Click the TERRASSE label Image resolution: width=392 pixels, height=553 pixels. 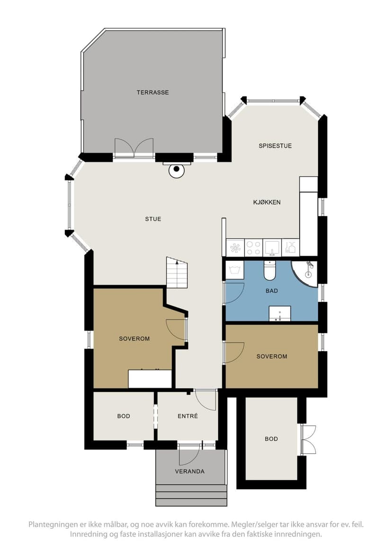[152, 92]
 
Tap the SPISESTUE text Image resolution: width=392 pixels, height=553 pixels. [275, 146]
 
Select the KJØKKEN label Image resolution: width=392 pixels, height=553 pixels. [267, 202]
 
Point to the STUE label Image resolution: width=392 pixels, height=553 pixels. [153, 219]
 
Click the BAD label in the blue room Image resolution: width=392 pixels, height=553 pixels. [272, 291]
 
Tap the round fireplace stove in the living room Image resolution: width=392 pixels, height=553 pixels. [177, 171]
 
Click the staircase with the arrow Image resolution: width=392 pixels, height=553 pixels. [177, 273]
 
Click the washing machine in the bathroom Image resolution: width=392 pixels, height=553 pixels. [235, 270]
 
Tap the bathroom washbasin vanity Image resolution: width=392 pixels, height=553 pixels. [280, 314]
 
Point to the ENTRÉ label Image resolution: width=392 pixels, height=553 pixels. [187, 416]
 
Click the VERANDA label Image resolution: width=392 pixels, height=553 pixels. [190, 471]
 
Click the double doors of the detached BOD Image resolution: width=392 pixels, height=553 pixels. [308, 440]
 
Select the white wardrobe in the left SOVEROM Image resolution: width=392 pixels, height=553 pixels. [150, 379]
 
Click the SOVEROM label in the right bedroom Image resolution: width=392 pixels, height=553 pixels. [272, 356]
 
